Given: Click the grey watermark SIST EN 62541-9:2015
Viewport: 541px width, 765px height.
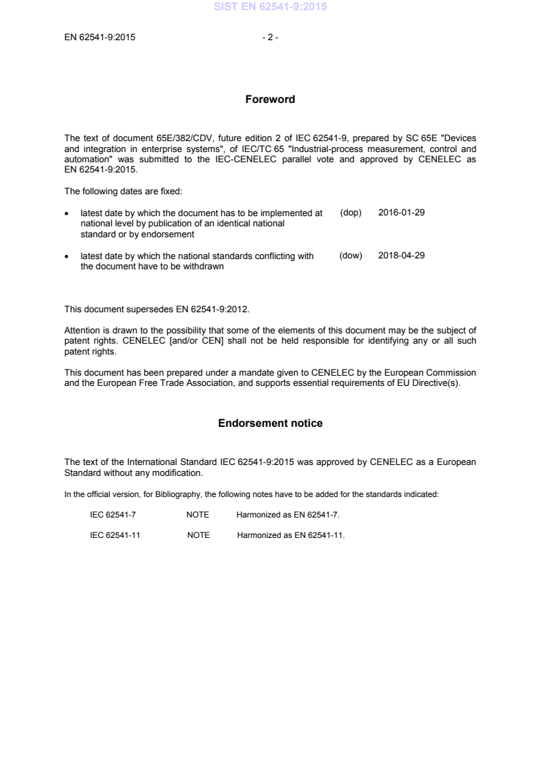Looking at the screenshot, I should pyautogui.click(x=270, y=7).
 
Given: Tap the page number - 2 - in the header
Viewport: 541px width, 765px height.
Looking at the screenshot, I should pyautogui.click(x=270, y=37).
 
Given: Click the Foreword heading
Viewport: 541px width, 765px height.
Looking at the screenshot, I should pyautogui.click(x=270, y=100).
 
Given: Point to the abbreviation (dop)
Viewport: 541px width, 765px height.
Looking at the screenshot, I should pyautogui.click(x=350, y=213).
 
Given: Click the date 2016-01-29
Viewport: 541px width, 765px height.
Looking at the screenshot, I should pyautogui.click(x=401, y=213).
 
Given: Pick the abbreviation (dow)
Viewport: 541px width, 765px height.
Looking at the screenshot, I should pyautogui.click(x=350, y=256).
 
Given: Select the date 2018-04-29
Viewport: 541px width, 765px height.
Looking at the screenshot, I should pyautogui.click(x=401, y=256).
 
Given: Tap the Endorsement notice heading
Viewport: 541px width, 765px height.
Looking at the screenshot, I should pyautogui.click(x=270, y=423).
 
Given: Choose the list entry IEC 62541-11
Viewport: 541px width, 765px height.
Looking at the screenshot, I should pyautogui.click(x=115, y=535).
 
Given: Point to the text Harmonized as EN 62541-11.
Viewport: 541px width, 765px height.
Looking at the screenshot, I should pyautogui.click(x=291, y=535).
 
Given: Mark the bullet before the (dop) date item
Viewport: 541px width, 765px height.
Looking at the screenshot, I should pyautogui.click(x=66, y=213).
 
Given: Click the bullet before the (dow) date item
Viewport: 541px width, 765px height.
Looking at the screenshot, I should pyautogui.click(x=66, y=256).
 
